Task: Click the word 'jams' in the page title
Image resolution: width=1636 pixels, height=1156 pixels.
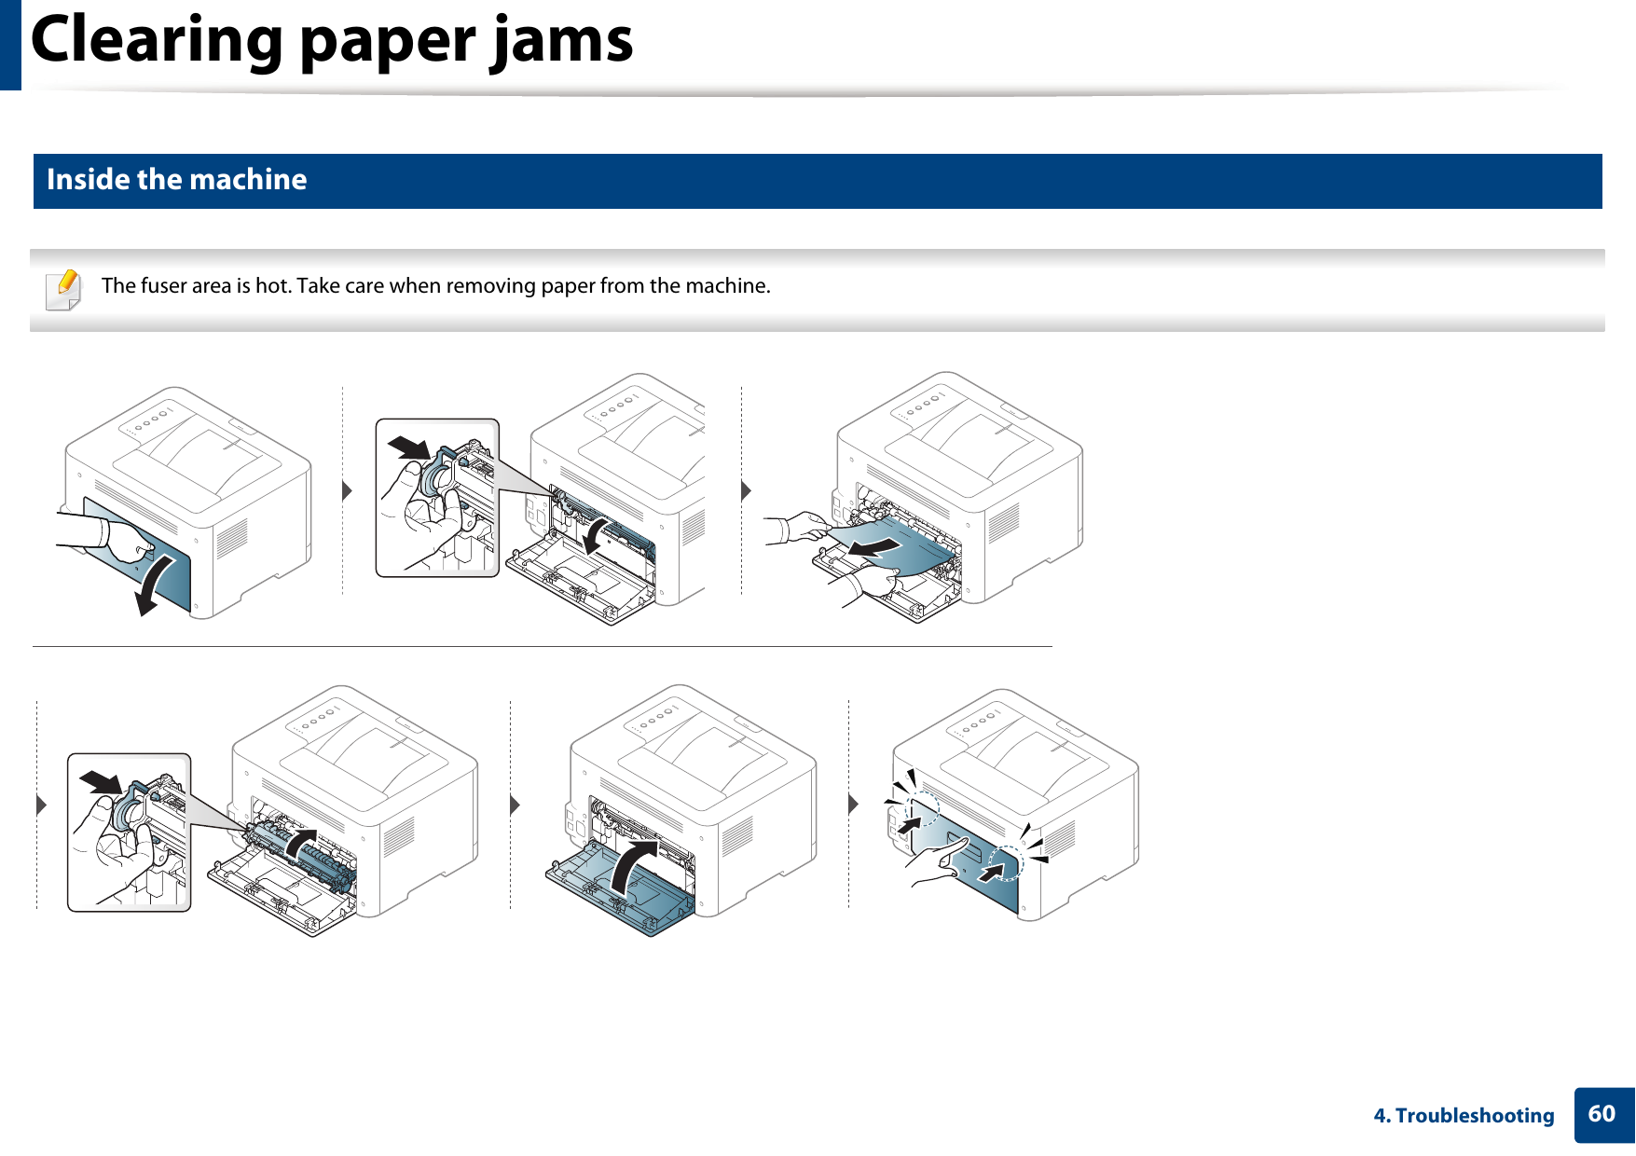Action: (563, 41)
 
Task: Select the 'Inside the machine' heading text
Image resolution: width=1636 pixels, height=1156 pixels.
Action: (176, 179)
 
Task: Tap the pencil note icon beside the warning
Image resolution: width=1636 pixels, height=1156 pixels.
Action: (63, 289)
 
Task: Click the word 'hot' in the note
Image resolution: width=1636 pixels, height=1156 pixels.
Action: (271, 285)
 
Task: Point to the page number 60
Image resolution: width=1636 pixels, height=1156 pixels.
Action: (1602, 1114)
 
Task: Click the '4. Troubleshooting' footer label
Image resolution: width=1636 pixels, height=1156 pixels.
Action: (1464, 1116)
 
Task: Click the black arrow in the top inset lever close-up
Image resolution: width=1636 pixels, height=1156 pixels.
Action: (409, 448)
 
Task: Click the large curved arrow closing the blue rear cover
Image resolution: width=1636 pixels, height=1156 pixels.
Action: (633, 866)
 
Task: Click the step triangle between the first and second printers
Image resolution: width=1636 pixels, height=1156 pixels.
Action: (347, 490)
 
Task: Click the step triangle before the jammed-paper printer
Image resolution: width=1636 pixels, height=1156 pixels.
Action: (746, 490)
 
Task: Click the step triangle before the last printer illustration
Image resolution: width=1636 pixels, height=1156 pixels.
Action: (853, 804)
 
